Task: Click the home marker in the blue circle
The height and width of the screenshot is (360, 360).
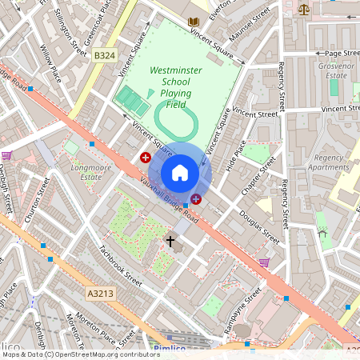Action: (x=180, y=172)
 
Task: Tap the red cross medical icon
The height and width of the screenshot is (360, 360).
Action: (x=146, y=158)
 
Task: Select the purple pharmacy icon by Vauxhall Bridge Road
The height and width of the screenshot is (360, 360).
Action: (x=196, y=198)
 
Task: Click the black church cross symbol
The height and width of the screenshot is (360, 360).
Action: (x=170, y=240)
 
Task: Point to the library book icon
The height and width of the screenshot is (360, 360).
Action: (x=193, y=22)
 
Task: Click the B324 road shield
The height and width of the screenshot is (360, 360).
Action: (x=103, y=55)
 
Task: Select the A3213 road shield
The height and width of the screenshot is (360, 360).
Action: (x=99, y=294)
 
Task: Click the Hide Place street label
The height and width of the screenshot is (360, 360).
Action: (x=236, y=156)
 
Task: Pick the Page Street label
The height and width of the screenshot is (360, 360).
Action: (x=342, y=53)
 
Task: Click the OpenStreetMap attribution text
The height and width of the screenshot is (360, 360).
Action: (x=80, y=354)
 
